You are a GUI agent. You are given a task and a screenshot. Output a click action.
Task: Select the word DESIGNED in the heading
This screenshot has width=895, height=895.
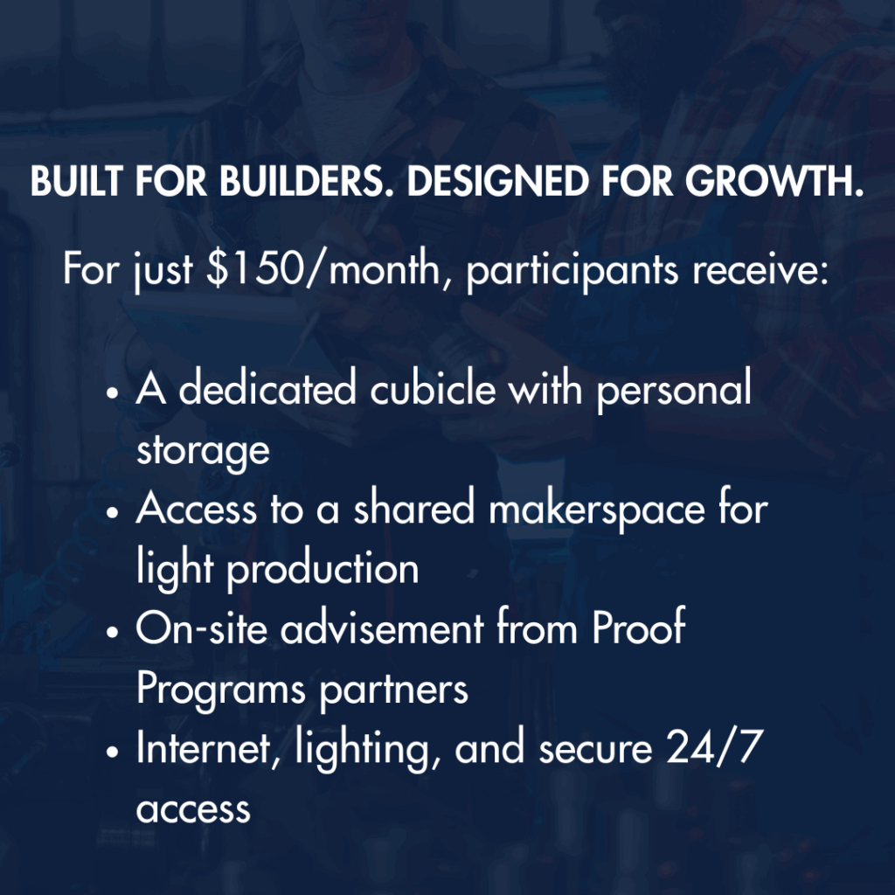coord(497,182)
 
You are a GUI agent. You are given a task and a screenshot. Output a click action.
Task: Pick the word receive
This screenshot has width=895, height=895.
coord(760,269)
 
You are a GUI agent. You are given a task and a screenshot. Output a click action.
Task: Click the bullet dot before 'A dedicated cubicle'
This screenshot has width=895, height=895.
coord(113,393)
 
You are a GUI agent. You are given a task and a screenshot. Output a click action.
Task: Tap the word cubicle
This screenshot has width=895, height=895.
coord(433,387)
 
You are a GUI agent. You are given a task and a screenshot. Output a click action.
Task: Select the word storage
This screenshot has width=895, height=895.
coord(203,452)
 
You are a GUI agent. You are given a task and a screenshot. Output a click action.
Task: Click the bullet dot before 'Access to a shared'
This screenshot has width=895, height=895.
coord(113,512)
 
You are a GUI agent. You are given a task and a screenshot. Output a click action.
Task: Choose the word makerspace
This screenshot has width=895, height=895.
coord(596,510)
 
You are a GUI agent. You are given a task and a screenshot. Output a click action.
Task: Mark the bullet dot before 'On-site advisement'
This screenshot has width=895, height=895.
coord(113,633)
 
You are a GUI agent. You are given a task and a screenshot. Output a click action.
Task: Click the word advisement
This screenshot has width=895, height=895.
coord(382,627)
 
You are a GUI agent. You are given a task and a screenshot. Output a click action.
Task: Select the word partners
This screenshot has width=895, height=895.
coord(393,690)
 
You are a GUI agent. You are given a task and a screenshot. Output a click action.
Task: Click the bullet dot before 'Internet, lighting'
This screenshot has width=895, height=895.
coord(113,752)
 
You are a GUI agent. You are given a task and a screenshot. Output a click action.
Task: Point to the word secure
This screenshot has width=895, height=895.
coord(595,749)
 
